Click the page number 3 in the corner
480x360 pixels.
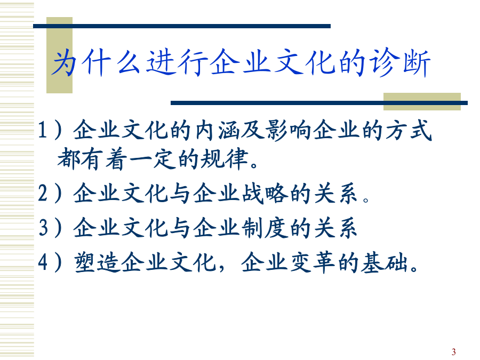(x=453, y=352)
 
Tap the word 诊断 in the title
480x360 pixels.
(x=400, y=63)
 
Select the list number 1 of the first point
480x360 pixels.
(x=42, y=130)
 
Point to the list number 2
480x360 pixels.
(x=43, y=193)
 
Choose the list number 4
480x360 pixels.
(x=43, y=262)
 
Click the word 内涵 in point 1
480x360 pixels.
(x=218, y=130)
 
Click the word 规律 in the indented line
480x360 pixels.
(x=224, y=159)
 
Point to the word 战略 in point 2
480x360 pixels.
(x=265, y=194)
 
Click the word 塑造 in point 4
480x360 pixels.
(x=97, y=262)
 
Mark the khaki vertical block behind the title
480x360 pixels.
(x=59, y=55)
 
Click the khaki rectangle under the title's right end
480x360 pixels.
(x=422, y=102)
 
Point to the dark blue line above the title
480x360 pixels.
(x=182, y=26)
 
